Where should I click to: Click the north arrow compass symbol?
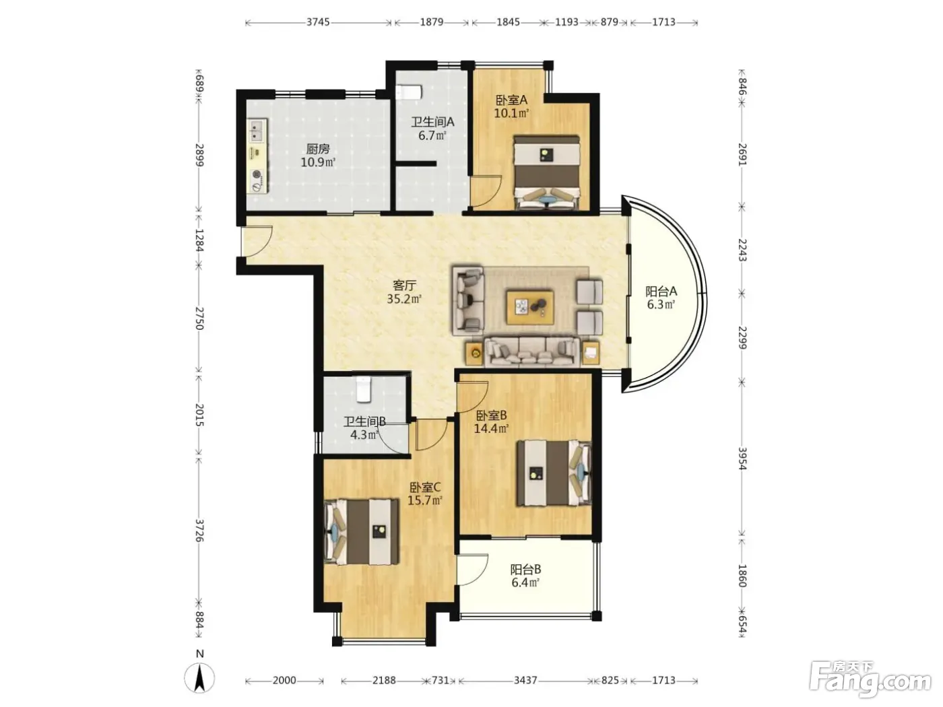pos(199,678)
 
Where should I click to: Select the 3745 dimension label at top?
pos(318,22)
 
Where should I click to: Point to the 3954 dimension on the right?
pos(742,459)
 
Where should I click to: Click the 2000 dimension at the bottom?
pos(284,680)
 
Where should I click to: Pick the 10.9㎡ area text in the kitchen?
pos(318,162)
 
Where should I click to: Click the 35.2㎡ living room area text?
pos(404,299)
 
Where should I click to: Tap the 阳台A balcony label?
pos(661,292)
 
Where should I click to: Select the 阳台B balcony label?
pos(526,570)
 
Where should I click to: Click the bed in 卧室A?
pos(547,172)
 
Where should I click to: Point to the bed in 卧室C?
pos(361,531)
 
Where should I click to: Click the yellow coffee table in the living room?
pos(529,306)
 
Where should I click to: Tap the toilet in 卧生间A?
pos(409,92)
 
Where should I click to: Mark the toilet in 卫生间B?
pos(364,390)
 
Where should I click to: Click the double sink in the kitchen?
pos(257,131)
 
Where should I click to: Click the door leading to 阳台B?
pos(472,569)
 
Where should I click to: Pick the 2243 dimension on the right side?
pos(742,250)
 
